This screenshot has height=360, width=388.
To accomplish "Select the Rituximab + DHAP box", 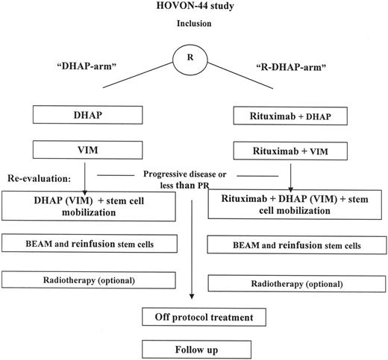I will pos(292,117).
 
